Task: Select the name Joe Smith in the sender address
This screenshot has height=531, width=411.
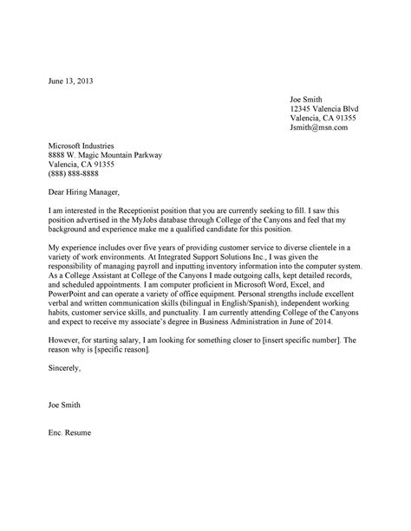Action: pos(310,100)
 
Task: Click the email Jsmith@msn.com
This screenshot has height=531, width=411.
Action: pos(318,127)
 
